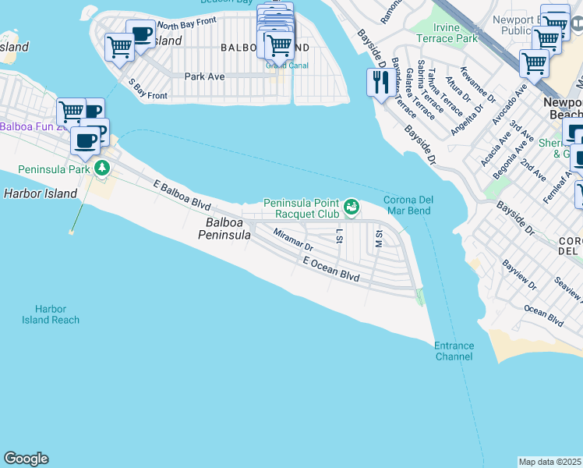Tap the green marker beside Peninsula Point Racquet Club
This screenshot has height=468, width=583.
coord(352,206)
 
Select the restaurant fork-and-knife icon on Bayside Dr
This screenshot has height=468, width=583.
coord(380,82)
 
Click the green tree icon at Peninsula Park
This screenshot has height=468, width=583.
coord(101,168)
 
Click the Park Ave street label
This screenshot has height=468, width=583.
coord(204,76)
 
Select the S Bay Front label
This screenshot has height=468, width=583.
coord(147,89)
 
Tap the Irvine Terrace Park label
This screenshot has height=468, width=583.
coord(446,33)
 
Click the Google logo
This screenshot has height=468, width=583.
coord(26,459)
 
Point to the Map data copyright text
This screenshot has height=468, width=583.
coord(550,462)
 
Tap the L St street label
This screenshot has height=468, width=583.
coord(339,235)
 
